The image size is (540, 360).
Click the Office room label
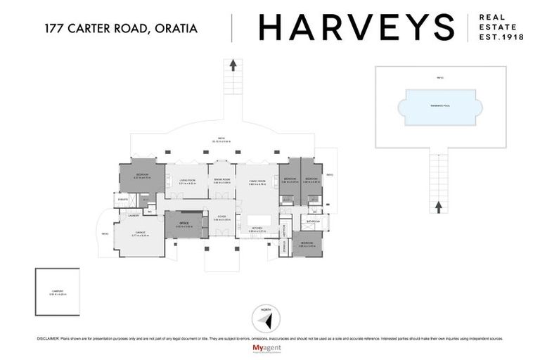[184, 224]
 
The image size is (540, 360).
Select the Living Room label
[186, 181]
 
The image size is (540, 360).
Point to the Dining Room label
[221, 181]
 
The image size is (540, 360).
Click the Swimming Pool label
[440, 105]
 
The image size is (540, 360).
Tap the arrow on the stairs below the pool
[438, 206]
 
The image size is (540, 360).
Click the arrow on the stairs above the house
[233, 65]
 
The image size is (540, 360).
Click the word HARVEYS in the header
[356, 28]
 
